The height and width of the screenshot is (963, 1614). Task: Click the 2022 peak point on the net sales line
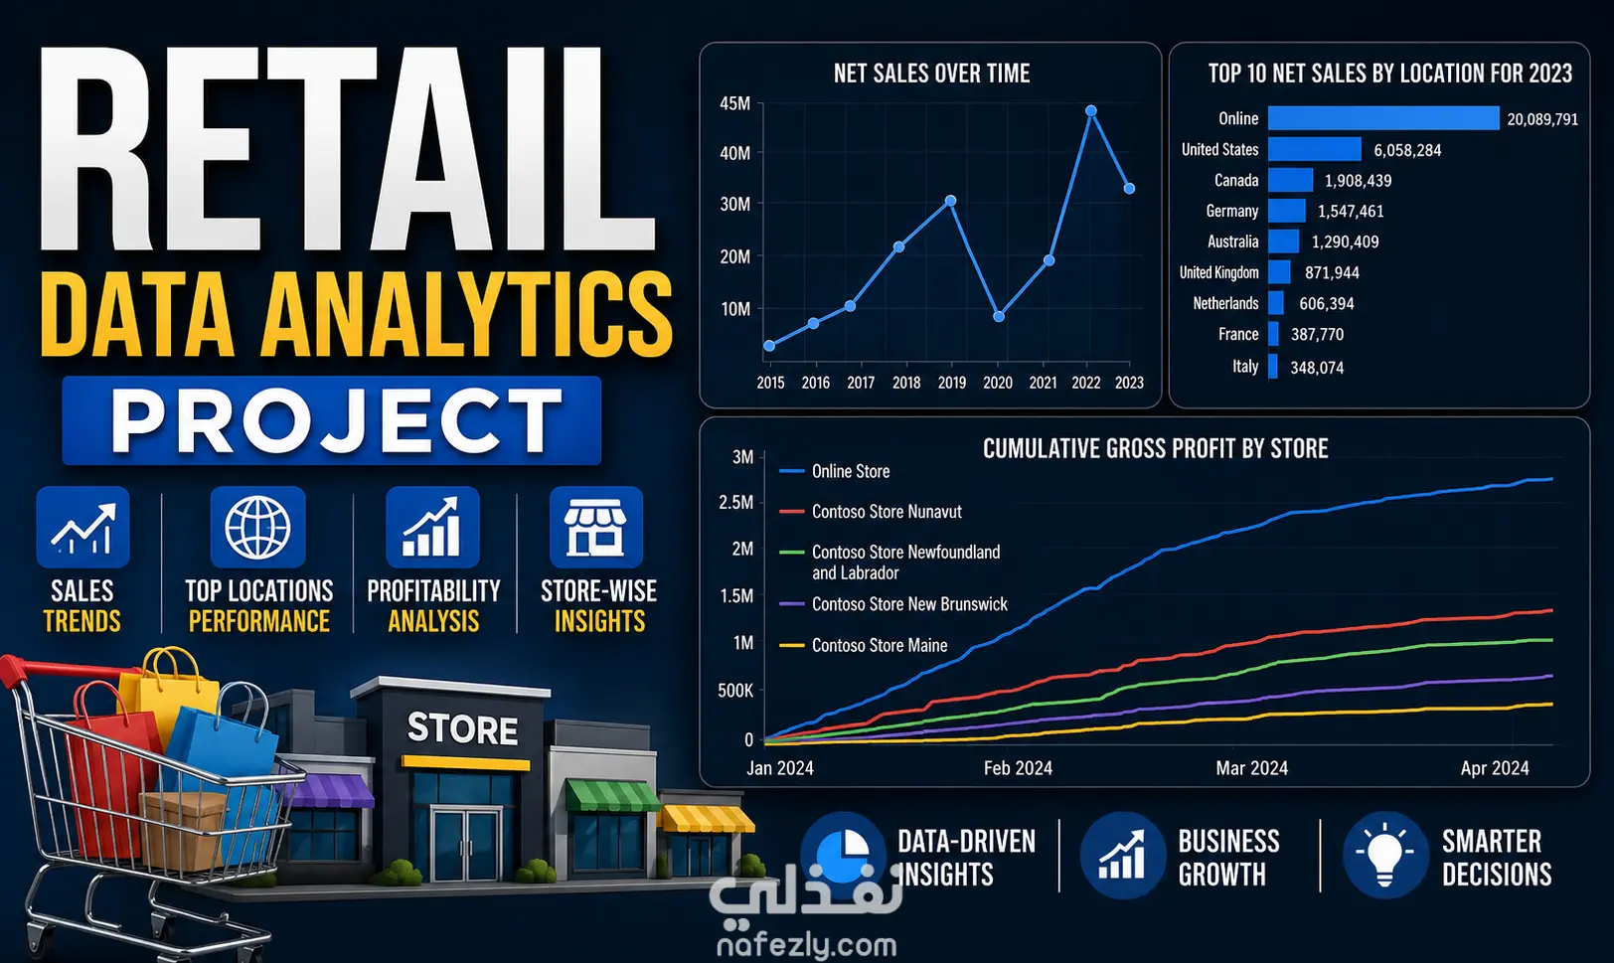pos(1090,111)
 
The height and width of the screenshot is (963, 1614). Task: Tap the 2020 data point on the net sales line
pos(999,316)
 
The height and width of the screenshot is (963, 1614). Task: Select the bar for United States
pos(1314,149)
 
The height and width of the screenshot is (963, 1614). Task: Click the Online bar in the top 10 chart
pos(1383,118)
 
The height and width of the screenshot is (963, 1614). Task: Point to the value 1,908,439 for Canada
pos(1358,181)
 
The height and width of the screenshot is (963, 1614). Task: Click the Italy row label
pos(1245,367)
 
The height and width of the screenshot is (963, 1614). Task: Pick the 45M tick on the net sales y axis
pos(734,103)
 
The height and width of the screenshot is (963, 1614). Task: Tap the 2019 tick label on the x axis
pos(952,383)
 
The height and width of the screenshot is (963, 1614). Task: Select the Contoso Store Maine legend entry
pos(864,645)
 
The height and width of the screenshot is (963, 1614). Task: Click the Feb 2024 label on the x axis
pos(1018,768)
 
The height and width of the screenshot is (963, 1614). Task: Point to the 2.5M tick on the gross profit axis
pos(735,502)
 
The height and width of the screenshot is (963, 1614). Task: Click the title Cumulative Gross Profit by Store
pos(1155,449)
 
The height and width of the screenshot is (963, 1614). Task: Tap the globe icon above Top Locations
pos(257,528)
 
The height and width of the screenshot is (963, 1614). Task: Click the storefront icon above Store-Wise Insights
pos(595,528)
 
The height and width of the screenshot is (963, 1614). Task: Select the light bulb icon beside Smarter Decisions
pos(1384,855)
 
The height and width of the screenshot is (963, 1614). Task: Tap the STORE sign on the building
pos(462,728)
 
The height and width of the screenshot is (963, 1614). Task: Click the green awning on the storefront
pos(612,795)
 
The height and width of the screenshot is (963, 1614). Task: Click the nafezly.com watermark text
pos(807,944)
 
